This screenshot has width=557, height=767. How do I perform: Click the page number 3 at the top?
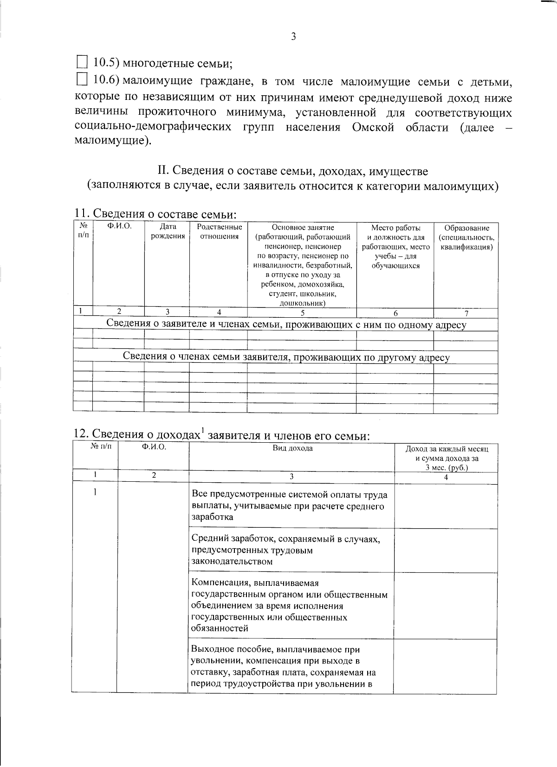(x=293, y=37)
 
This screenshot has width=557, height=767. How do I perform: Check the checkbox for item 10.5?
(x=82, y=62)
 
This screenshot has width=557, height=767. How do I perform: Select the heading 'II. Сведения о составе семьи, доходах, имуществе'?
(x=293, y=171)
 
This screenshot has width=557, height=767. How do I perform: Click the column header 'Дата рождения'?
(x=168, y=232)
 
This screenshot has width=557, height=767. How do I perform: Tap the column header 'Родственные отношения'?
(x=219, y=232)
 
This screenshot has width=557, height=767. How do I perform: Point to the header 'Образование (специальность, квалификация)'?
(x=466, y=237)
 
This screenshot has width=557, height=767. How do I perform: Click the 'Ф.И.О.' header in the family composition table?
(x=119, y=227)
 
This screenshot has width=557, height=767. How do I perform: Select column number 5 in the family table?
(x=302, y=313)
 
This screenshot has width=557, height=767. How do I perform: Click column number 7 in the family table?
(x=466, y=313)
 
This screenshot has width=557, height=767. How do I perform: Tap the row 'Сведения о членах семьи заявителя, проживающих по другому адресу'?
(x=286, y=357)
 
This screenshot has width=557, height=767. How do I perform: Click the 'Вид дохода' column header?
(x=292, y=448)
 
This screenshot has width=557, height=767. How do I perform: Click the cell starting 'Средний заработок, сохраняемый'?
(x=286, y=550)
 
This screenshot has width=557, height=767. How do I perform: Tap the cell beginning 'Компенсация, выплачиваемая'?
(x=289, y=605)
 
